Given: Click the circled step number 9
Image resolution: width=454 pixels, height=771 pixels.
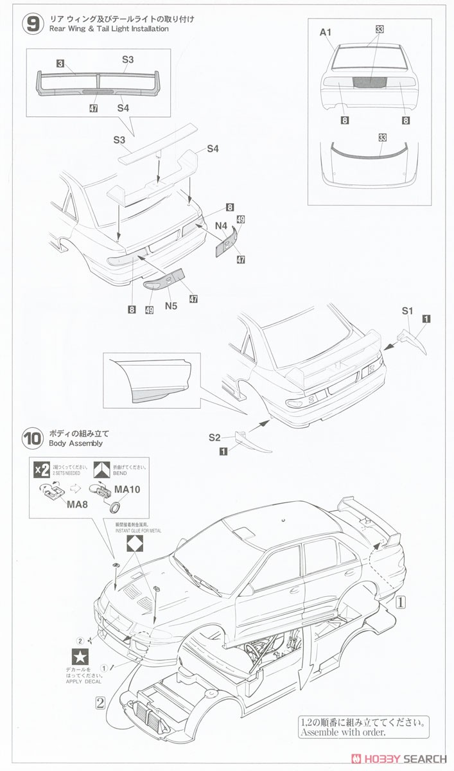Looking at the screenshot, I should [32, 24].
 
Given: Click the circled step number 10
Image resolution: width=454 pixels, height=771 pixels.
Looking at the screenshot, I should [32, 438].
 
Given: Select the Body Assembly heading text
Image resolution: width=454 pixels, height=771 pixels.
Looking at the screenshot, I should [72, 443].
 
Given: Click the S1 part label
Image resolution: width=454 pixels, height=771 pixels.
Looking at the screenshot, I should [407, 311].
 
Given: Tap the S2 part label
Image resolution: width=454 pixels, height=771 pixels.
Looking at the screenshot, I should [214, 438].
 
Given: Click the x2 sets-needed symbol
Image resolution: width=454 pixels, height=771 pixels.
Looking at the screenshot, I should [42, 470].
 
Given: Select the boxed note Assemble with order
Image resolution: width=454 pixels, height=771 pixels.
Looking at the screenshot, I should [363, 727].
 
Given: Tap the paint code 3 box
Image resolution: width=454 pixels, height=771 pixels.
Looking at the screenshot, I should [60, 63].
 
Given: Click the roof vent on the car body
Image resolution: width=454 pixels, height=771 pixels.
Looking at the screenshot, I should [242, 532].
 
